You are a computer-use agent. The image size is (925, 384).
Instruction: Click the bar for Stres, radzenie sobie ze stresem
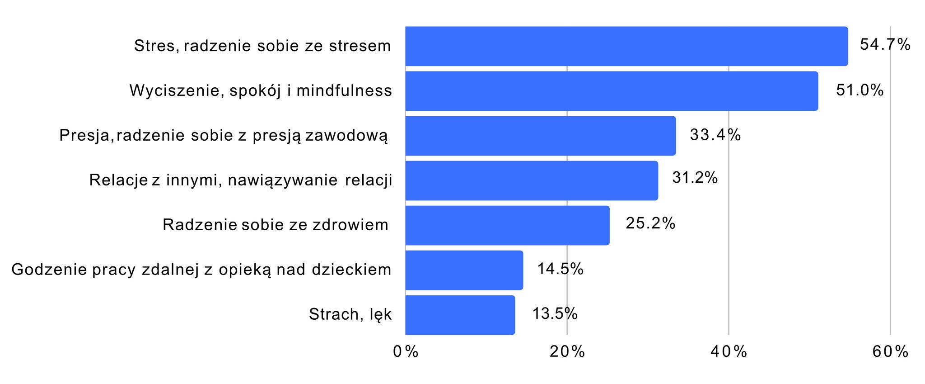[626, 46]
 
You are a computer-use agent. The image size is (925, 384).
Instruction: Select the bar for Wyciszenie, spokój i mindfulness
[612, 91]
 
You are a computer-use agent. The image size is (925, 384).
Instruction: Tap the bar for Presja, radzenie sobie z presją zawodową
[540, 136]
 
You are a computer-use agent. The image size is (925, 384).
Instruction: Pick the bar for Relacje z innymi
[531, 180]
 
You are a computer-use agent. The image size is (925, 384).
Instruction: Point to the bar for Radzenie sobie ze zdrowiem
[507, 225]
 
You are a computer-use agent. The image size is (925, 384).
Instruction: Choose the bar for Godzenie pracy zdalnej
[464, 270]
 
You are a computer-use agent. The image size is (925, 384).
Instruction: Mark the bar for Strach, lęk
[460, 315]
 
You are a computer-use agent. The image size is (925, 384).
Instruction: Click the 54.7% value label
[885, 44]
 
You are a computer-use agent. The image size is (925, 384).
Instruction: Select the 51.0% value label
[860, 90]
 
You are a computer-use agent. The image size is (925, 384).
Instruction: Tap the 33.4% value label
[715, 135]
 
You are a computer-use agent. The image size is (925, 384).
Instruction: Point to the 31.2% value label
[695, 178]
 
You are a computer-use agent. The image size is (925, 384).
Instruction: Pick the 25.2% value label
[650, 223]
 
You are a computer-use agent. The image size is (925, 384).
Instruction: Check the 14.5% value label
[560, 269]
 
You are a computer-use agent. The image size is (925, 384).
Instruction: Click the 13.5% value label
[555, 313]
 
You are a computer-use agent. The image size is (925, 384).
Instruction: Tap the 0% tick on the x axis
[406, 351]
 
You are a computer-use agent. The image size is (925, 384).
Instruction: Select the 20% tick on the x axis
[567, 351]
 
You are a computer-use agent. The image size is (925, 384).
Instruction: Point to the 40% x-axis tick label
[729, 351]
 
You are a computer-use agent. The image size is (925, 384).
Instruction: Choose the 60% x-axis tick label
[890, 351]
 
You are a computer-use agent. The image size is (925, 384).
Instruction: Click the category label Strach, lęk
[350, 314]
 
